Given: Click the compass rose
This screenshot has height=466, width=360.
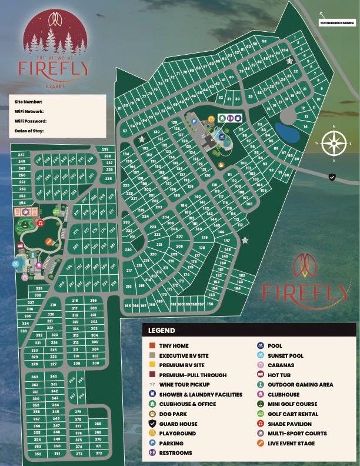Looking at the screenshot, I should [334, 143].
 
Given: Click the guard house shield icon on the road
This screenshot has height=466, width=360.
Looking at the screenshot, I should [332, 177].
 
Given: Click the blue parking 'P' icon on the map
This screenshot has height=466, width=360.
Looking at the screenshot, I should [194, 122].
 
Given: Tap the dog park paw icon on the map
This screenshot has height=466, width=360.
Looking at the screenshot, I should [221, 165].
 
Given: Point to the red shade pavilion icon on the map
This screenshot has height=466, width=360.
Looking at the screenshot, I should [39, 223].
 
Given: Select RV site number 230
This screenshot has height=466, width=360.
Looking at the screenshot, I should [128, 250].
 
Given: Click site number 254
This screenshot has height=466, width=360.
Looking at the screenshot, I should [22, 203].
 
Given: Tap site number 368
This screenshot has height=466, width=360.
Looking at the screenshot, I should [98, 424].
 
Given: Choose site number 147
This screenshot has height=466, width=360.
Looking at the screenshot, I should [226, 241].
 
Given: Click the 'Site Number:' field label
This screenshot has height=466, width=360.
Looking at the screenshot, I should [28, 101].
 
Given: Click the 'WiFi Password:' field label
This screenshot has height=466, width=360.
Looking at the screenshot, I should [31, 121].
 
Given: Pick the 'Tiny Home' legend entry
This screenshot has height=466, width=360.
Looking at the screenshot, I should [174, 346].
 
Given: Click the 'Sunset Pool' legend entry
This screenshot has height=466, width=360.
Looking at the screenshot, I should [285, 355].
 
